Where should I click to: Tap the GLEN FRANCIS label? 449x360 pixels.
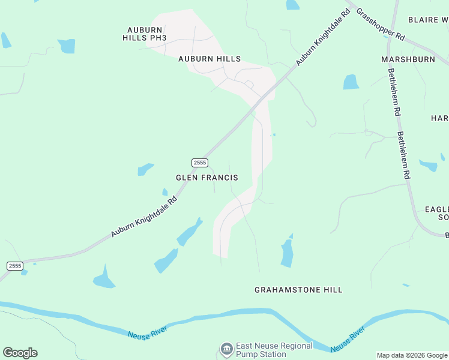click(206, 178)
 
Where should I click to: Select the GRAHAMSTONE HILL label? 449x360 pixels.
click(298, 290)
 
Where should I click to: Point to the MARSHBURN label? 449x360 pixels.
click(407, 59)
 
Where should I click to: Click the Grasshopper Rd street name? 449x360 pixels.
click(381, 24)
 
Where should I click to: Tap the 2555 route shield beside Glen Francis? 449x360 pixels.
click(200, 163)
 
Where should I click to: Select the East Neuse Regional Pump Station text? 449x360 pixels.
click(275, 350)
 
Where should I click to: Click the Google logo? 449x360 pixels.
click(20, 353)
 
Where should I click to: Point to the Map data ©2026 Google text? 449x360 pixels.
click(412, 355)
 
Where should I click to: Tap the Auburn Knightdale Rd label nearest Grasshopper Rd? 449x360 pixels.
click(322, 38)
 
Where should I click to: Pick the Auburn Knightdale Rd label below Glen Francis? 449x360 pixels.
click(144, 217)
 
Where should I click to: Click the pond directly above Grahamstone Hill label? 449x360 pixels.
click(288, 252)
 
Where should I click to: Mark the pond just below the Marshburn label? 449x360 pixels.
click(351, 82)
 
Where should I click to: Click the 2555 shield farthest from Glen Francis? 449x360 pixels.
click(15, 265)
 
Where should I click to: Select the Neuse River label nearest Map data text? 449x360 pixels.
click(348, 339)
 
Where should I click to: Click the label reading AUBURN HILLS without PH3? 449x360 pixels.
click(209, 59)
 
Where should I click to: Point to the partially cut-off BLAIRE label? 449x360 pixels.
click(428, 20)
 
